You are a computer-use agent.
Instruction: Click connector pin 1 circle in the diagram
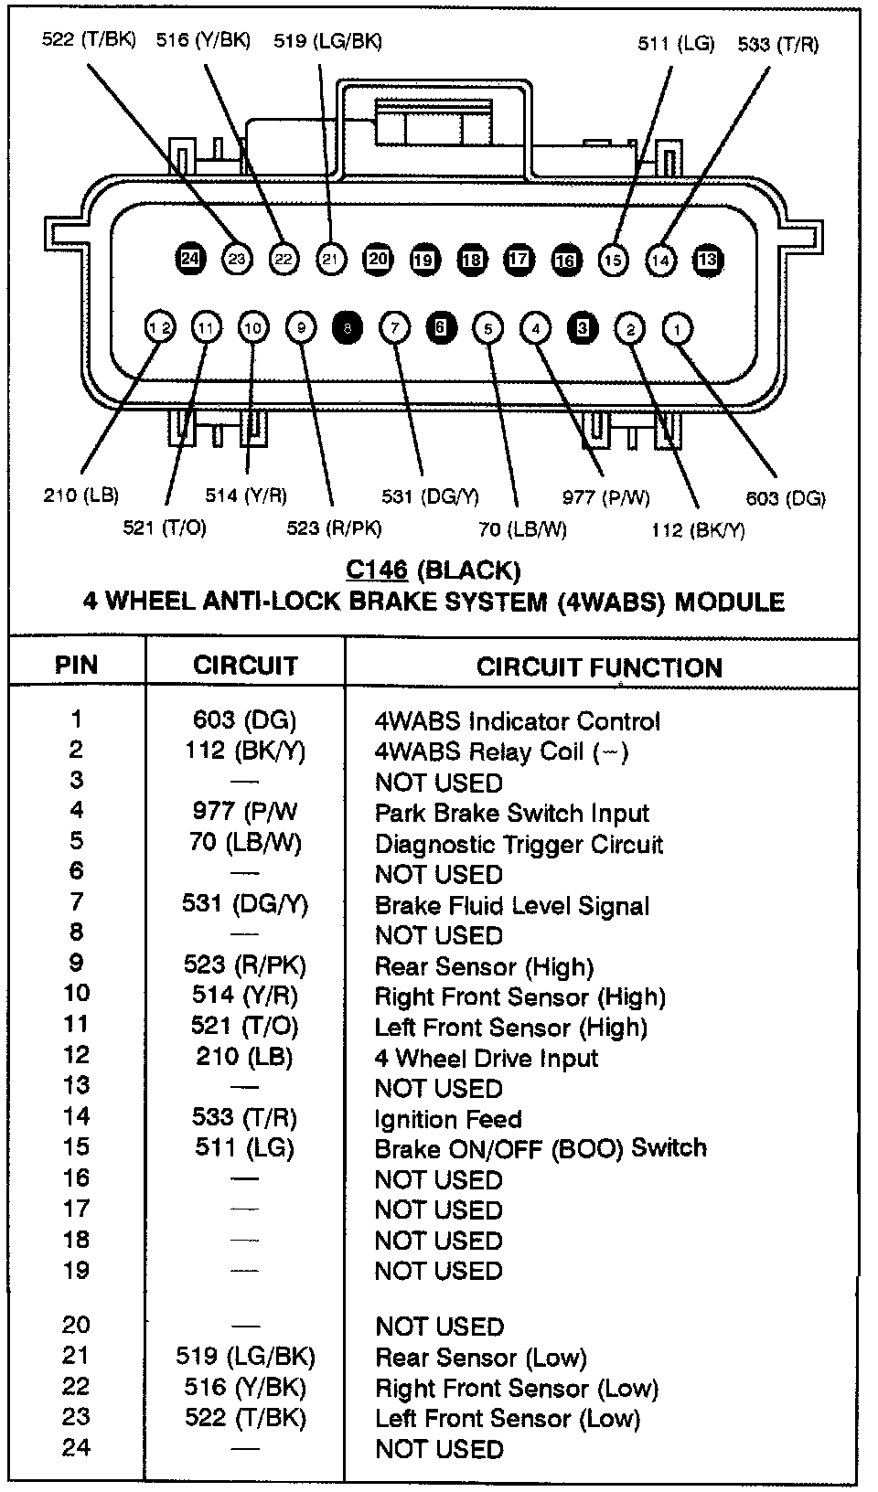click(x=677, y=328)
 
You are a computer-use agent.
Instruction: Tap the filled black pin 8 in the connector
click(x=348, y=328)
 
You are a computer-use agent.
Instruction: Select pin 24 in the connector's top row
click(x=189, y=259)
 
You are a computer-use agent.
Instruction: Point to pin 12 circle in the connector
click(x=160, y=327)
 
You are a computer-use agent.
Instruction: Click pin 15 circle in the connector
click(x=613, y=260)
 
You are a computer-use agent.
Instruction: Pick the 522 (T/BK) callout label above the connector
click(x=89, y=41)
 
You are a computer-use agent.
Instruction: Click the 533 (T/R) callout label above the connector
click(x=778, y=44)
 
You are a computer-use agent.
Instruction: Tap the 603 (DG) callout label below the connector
click(x=786, y=498)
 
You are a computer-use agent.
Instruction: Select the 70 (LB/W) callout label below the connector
click(x=522, y=529)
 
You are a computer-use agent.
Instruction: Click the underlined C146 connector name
click(x=376, y=570)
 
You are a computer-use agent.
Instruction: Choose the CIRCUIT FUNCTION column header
click(x=599, y=667)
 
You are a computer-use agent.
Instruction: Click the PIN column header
click(x=77, y=665)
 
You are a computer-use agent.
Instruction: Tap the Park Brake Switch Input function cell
click(x=511, y=814)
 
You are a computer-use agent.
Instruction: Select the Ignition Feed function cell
click(x=448, y=1119)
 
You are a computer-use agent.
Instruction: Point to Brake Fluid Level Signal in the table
click(x=512, y=906)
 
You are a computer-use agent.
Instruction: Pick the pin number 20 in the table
click(x=77, y=1325)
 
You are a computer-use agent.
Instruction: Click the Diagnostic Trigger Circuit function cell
click(x=519, y=844)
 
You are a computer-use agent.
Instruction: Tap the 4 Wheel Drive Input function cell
click(x=486, y=1059)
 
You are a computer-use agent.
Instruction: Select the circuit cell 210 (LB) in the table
click(x=244, y=1057)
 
